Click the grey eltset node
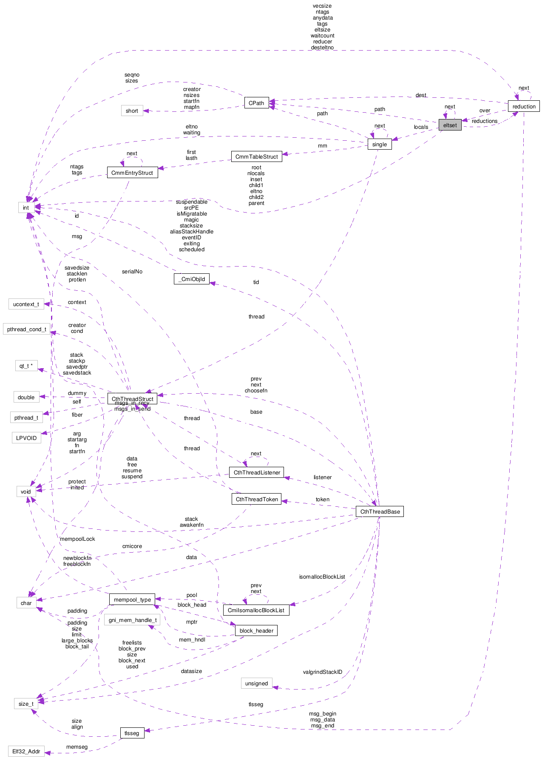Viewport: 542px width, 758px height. (x=450, y=125)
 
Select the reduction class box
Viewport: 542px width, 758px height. (x=524, y=106)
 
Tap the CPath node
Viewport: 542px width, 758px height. (x=256, y=103)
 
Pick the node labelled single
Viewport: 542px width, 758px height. (x=379, y=144)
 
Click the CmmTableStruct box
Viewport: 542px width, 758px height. (x=256, y=156)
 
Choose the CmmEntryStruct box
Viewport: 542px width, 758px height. (x=132, y=173)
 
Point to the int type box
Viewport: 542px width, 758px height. (x=26, y=208)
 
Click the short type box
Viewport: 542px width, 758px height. (x=132, y=111)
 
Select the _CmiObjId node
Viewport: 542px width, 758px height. (x=192, y=279)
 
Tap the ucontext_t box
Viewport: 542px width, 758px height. (x=26, y=304)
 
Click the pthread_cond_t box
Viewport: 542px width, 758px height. (x=26, y=329)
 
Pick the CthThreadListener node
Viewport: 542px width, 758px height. (x=257, y=472)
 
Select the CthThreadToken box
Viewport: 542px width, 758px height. (x=257, y=499)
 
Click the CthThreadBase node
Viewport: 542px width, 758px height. (x=380, y=511)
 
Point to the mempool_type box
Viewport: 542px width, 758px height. (x=132, y=599)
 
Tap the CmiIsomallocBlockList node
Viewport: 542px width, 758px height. (x=256, y=610)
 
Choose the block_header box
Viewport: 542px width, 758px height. (x=256, y=630)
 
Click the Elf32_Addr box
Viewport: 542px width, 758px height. (x=26, y=751)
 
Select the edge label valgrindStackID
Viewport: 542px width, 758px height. (x=322, y=672)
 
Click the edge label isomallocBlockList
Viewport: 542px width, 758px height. (x=322, y=576)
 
